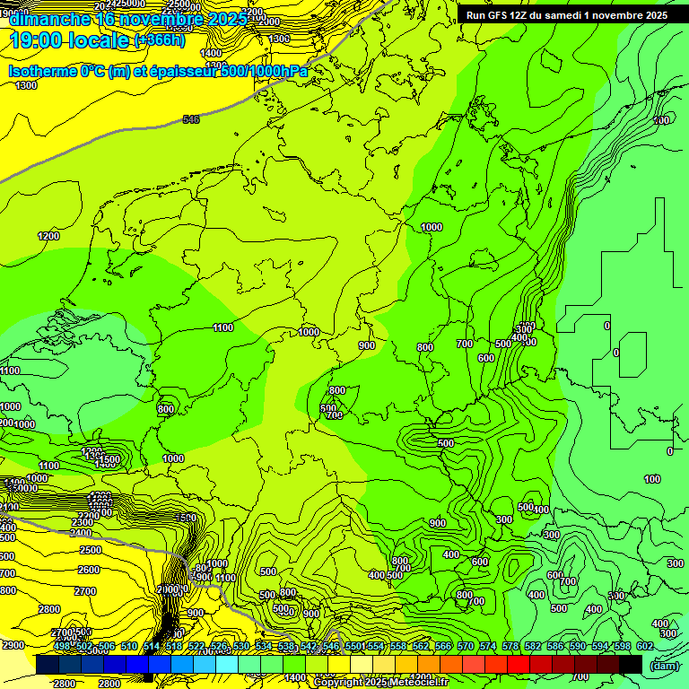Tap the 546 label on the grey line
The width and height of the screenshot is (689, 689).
tap(191, 119)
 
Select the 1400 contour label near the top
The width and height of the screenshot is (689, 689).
tap(212, 53)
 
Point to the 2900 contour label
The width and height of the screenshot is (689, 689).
tap(13, 645)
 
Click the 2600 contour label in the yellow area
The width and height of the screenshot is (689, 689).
tap(88, 570)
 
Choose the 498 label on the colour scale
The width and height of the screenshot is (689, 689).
tap(62, 646)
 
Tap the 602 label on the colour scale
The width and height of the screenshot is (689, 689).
tap(644, 646)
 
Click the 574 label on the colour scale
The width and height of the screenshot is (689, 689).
tap(488, 646)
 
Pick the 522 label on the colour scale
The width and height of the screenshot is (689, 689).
tap(196, 646)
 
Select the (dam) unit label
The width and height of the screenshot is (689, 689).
tap(665, 665)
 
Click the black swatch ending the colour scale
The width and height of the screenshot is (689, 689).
tap(631, 664)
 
